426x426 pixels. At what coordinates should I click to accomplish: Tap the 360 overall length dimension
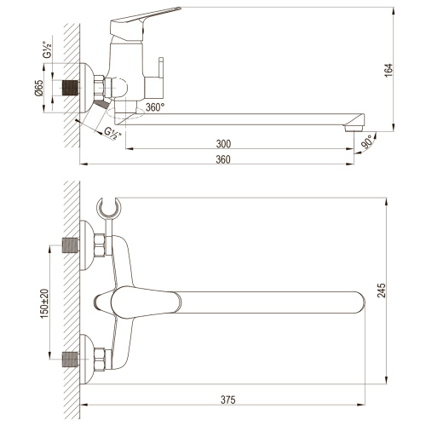(223, 158)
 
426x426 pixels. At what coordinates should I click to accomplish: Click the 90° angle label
(368, 140)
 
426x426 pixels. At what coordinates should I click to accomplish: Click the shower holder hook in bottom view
(108, 208)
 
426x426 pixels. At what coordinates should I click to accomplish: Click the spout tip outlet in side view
(350, 128)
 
